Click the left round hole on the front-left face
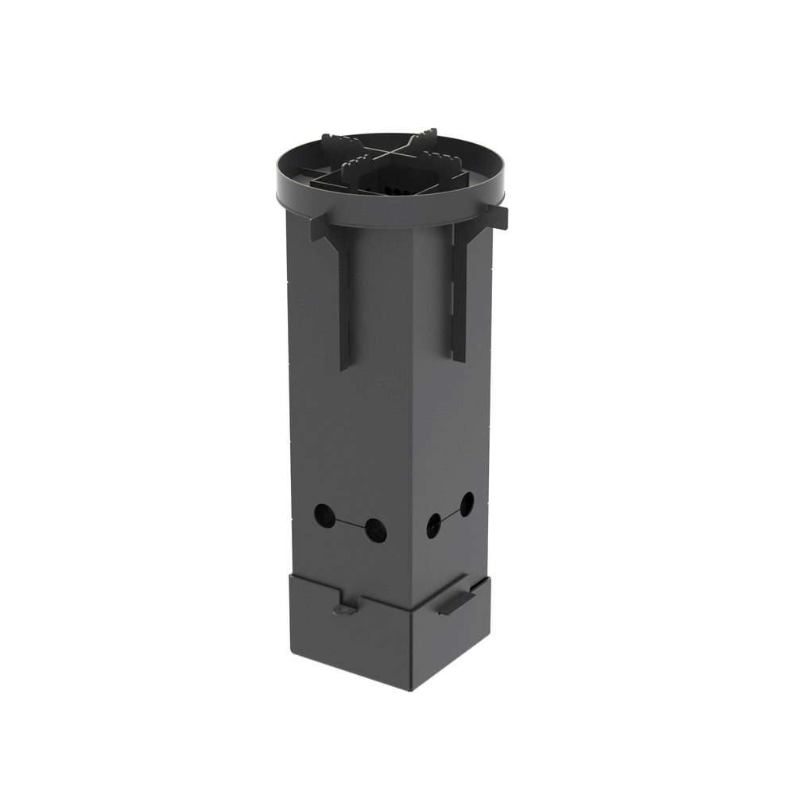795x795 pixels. coord(324,514)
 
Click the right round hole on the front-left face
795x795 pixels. coord(375,530)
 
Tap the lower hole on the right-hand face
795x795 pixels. coord(434,525)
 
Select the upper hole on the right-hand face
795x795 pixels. coord(467,503)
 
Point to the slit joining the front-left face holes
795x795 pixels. coord(350,523)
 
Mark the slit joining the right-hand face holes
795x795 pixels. coord(450,514)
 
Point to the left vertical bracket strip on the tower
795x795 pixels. coord(344,310)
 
